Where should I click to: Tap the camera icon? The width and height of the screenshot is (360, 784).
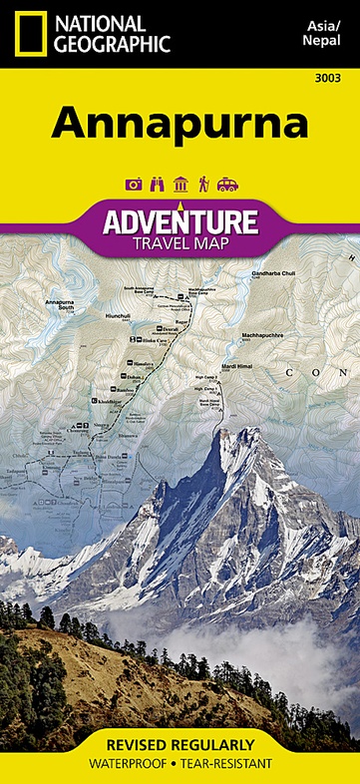tap(132, 184)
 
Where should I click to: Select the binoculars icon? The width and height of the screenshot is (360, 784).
tap(156, 184)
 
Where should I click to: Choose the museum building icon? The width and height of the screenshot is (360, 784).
tap(180, 184)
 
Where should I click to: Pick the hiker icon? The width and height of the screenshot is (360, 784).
tap(203, 184)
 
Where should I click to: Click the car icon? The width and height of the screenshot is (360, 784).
tap(227, 184)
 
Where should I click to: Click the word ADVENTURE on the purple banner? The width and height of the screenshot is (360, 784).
tap(180, 219)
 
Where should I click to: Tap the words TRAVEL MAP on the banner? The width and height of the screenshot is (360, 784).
tap(180, 241)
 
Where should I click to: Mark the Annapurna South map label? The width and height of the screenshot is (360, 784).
tap(59, 303)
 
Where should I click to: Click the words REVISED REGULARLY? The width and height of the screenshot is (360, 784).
tap(180, 745)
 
